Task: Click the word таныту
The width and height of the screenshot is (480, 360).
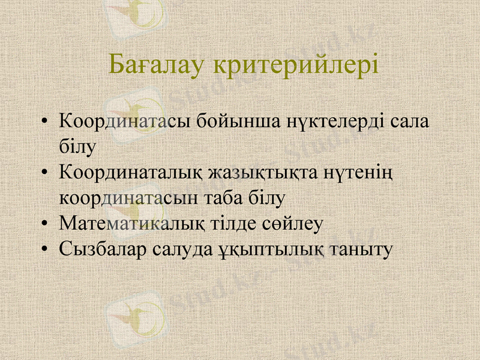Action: tap(364, 248)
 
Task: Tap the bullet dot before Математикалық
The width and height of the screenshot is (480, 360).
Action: tap(44, 224)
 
